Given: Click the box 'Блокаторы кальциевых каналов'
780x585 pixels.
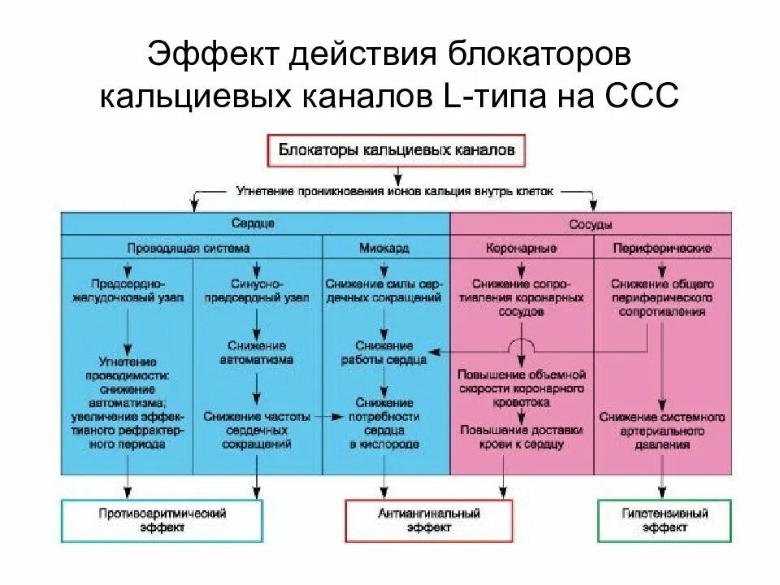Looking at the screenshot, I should pyautogui.click(x=396, y=150).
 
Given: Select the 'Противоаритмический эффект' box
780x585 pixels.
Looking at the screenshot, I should pyautogui.click(x=162, y=520).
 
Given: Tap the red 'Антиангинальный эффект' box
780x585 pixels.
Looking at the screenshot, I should pyautogui.click(x=429, y=520).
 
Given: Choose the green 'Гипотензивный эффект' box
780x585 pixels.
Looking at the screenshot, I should pyautogui.click(x=664, y=520).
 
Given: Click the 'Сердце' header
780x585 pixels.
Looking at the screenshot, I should pyautogui.click(x=257, y=223).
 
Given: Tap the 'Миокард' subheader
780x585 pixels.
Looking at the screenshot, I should pyautogui.click(x=384, y=248).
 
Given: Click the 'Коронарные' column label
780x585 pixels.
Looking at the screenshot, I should pyautogui.click(x=521, y=248).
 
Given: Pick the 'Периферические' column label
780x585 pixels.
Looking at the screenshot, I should pyautogui.click(x=663, y=248).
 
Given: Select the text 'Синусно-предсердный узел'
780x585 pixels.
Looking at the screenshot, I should pyautogui.click(x=257, y=291).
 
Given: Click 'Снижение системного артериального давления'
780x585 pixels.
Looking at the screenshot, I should pyautogui.click(x=663, y=431).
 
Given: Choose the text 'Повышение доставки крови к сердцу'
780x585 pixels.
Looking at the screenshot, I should pyautogui.click(x=521, y=436).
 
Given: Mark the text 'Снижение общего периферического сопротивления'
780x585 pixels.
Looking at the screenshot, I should pyautogui.click(x=663, y=297).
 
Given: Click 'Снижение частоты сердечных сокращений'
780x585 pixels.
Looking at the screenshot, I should pyautogui.click(x=257, y=431).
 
